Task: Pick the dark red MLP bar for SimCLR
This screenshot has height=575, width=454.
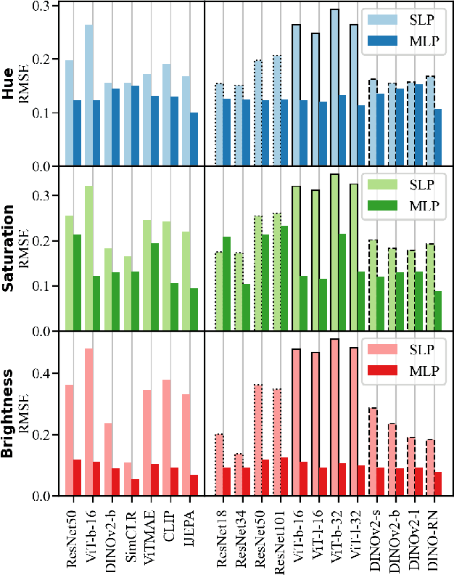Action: click(x=135, y=487)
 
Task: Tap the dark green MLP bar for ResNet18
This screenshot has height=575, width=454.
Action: click(x=226, y=283)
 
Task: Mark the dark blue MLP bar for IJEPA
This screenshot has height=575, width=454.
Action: click(x=193, y=139)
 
